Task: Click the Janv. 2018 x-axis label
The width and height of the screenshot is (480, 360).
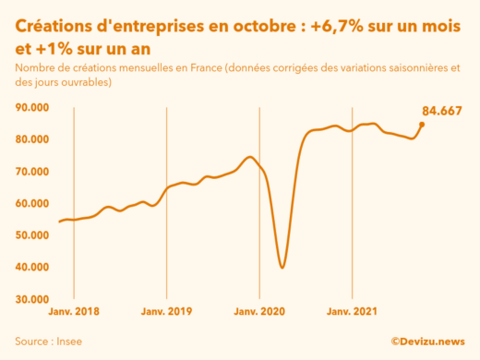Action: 74,312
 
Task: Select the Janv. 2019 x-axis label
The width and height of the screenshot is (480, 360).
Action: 166,312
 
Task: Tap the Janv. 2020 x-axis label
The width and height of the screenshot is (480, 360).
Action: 259,312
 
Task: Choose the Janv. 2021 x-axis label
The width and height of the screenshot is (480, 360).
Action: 352,312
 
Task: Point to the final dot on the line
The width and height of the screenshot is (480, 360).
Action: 422,124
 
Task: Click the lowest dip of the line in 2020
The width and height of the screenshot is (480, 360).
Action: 282,267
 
